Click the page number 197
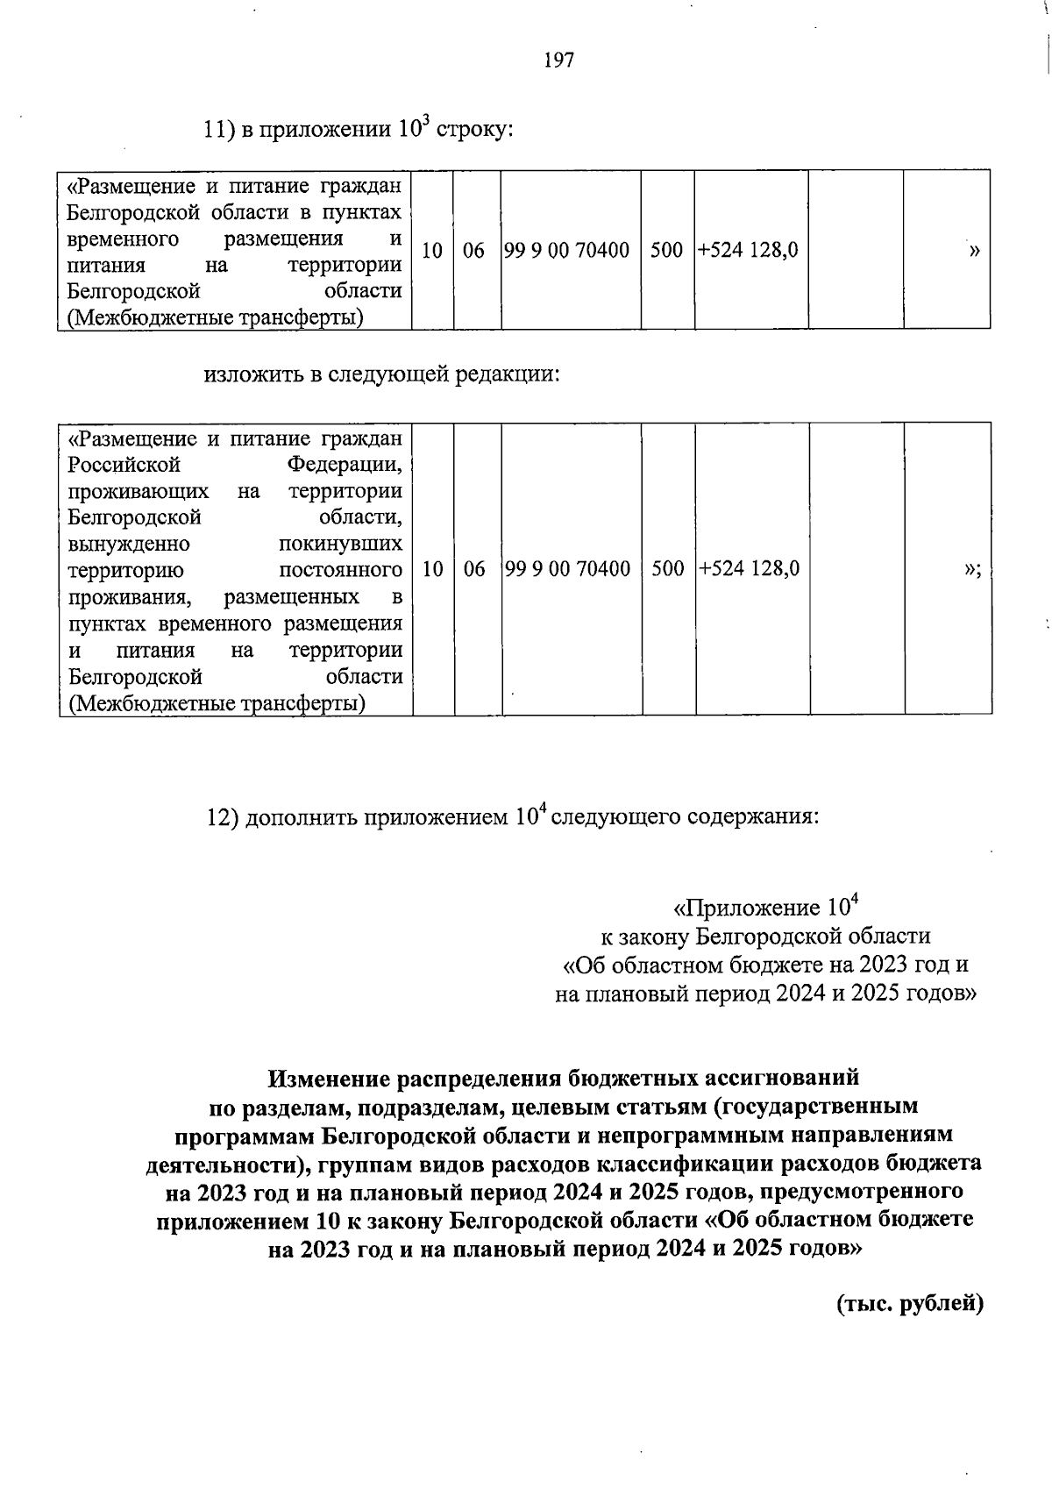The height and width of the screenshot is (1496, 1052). click(558, 61)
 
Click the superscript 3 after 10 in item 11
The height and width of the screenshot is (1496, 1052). click(426, 120)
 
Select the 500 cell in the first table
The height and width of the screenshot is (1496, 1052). click(667, 251)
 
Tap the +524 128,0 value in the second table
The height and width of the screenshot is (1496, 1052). click(750, 569)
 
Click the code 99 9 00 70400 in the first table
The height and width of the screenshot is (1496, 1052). click(569, 251)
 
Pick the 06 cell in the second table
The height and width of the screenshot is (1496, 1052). click(474, 569)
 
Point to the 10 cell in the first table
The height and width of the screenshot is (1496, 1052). click(431, 251)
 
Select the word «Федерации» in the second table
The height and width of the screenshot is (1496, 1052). click(345, 464)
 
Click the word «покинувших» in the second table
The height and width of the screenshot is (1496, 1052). click(340, 544)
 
